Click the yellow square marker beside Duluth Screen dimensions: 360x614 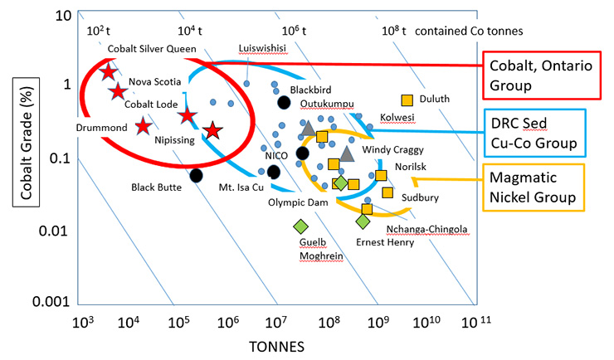(x=407, y=100)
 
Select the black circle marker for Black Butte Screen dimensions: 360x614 (x=196, y=175)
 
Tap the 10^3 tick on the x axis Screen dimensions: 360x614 (x=80, y=320)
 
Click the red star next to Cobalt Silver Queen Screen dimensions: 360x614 (x=108, y=72)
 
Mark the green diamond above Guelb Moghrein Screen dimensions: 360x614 (x=301, y=226)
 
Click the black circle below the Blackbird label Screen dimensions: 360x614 (x=284, y=103)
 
